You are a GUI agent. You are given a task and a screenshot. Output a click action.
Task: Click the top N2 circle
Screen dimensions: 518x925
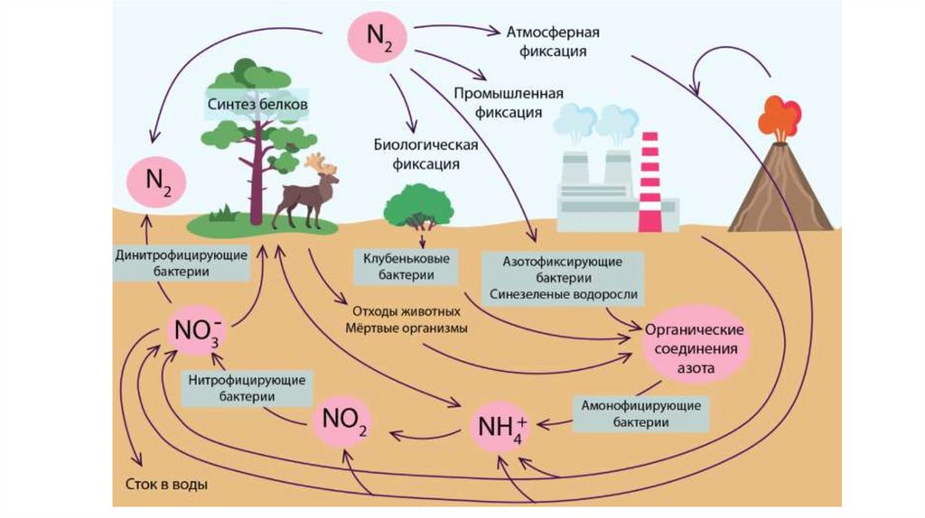coord(378,38)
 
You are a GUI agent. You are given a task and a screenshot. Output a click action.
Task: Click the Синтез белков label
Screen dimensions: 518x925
coord(257,105)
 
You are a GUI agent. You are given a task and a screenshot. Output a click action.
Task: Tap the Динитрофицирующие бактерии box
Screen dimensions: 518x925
coord(181,263)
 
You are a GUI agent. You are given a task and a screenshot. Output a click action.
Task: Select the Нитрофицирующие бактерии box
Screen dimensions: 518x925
coord(245,387)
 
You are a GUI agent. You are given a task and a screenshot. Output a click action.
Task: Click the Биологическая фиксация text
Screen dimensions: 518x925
coord(425,154)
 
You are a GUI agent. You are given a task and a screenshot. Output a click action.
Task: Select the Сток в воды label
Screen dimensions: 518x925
coord(165,485)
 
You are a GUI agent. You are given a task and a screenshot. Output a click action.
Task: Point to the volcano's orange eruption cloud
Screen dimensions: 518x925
coord(780,116)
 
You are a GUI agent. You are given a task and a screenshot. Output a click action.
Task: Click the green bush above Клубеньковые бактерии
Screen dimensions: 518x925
coord(417,204)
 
